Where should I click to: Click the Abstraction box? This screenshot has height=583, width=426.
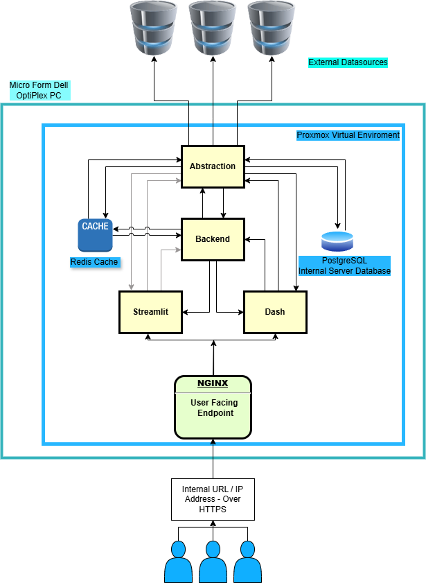point(213,166)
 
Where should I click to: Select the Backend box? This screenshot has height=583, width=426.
point(213,239)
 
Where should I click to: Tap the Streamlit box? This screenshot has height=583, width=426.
point(150,312)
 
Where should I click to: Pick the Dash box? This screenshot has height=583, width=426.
point(275,312)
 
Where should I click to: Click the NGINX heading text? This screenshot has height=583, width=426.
point(213,383)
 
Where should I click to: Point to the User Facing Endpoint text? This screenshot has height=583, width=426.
point(214,408)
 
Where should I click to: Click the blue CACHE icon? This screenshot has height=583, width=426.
point(95,234)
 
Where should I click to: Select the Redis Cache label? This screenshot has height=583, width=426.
point(94,262)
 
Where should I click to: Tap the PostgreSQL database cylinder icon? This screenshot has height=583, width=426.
point(337,241)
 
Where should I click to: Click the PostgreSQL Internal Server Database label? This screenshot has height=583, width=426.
point(344,266)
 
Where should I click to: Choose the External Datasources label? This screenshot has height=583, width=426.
point(348,62)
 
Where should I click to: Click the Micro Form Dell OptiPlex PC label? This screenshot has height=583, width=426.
point(39,90)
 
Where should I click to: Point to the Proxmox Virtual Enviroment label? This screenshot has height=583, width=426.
point(348,135)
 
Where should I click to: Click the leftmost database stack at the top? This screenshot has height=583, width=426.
point(152,28)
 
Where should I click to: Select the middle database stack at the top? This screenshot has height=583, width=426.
point(213,28)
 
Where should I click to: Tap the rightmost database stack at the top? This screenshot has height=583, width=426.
point(272,28)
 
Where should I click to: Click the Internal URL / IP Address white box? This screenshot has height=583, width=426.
point(213,499)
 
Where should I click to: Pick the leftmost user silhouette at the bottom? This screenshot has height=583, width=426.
point(178,563)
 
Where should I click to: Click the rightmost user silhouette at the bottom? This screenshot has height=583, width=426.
point(247,563)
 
